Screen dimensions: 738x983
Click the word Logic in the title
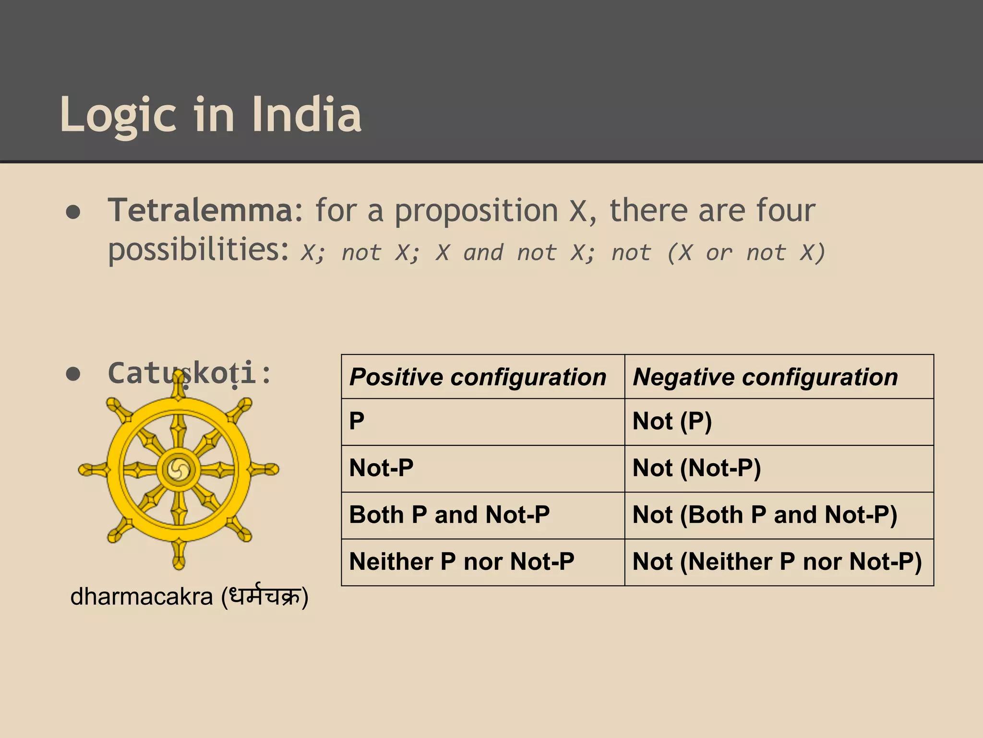tap(118, 115)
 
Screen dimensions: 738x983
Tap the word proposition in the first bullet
tap(476, 211)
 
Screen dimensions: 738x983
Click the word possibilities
tap(198, 250)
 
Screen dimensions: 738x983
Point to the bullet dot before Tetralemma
tap(73, 212)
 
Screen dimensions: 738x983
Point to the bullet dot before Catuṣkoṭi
tap(73, 374)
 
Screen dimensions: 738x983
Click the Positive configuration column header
tap(478, 377)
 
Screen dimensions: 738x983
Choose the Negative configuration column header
tap(765, 377)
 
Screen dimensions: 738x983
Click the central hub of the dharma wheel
tap(179, 469)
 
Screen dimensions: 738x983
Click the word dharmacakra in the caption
tap(141, 597)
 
